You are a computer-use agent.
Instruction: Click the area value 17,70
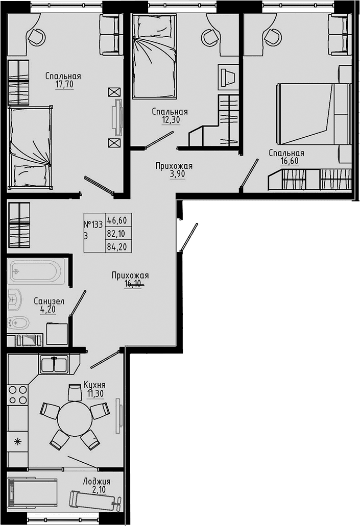pos(64,85)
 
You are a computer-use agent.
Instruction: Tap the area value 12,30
pos(171,120)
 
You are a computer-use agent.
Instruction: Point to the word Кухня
pos(94,385)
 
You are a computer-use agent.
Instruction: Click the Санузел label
pos(49,301)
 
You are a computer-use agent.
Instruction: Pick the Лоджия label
pos(97,482)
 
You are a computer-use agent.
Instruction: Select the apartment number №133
pos(93,224)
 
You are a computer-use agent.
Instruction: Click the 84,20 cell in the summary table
pos(117,247)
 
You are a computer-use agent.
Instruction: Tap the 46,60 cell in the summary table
pos(117,220)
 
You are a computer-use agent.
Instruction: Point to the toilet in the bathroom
pos(17,323)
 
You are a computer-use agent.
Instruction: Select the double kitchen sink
pos(54,364)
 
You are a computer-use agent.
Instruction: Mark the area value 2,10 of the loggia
pos(99,490)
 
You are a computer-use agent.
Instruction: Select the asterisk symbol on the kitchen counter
pos(17,441)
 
